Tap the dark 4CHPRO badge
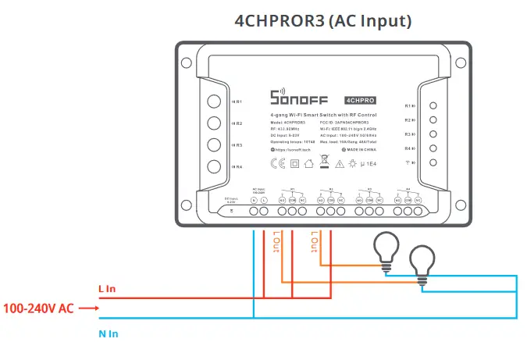pyautogui.click(x=360, y=100)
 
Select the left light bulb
pyautogui.click(x=385, y=248)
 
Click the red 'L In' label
pyautogui.click(x=107, y=289)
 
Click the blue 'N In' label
pyautogui.click(x=108, y=333)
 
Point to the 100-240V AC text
pyautogui.click(x=38, y=308)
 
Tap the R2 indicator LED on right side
pyautogui.click(x=433, y=120)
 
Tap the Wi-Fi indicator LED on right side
pyautogui.click(x=433, y=162)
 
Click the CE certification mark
pyautogui.click(x=276, y=164)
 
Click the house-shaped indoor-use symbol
pyautogui.click(x=309, y=164)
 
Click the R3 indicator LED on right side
pyautogui.click(x=433, y=134)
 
